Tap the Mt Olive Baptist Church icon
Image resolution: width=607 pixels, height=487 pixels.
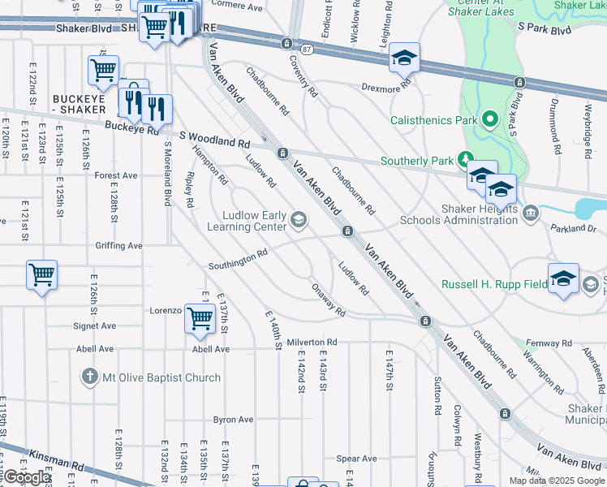[89, 377]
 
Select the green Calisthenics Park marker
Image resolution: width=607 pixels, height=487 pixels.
[489, 120]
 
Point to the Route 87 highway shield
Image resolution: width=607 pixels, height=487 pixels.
[305, 50]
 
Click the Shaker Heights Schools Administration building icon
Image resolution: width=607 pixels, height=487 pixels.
[531, 213]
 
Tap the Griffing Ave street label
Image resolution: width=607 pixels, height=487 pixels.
[118, 245]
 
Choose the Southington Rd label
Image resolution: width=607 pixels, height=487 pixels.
[237, 260]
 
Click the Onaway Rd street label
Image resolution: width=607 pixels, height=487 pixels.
[328, 300]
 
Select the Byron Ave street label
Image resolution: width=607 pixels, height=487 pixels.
[233, 420]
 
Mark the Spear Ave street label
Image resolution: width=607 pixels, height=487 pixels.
[356, 459]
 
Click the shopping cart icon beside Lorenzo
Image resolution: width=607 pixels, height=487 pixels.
[200, 320]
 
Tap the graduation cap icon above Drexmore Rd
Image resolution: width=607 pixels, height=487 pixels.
[404, 58]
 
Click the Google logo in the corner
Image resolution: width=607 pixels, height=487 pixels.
[27, 477]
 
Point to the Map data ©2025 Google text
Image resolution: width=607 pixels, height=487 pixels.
[557, 480]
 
